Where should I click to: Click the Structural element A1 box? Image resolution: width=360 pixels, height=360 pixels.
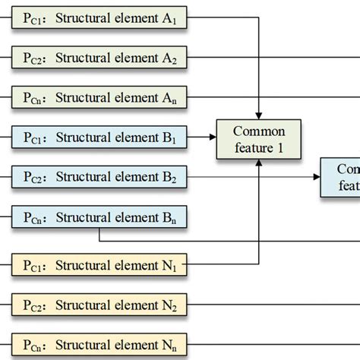coord(99,16)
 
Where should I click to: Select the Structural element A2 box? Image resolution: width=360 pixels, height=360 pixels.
coord(99,56)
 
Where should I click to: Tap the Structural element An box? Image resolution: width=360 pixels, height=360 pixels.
coord(99,97)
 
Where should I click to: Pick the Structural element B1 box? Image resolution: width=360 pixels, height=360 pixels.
coord(99,138)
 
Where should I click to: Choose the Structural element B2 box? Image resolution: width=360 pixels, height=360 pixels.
coord(99,178)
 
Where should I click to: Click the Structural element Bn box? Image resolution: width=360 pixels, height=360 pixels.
coord(99,219)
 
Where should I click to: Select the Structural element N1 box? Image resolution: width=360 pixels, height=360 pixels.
coord(99,266)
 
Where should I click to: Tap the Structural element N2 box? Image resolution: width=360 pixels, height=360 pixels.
coord(99,305)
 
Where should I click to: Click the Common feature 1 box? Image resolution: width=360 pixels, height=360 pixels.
coord(259,139)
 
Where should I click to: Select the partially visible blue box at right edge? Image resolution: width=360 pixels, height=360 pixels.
coord(340,177)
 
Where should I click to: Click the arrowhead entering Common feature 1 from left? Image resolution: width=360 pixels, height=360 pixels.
coord(213,138)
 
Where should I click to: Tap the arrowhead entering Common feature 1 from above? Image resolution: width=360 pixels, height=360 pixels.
coord(260,115)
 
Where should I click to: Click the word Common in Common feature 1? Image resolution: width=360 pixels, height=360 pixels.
coord(260,131)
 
